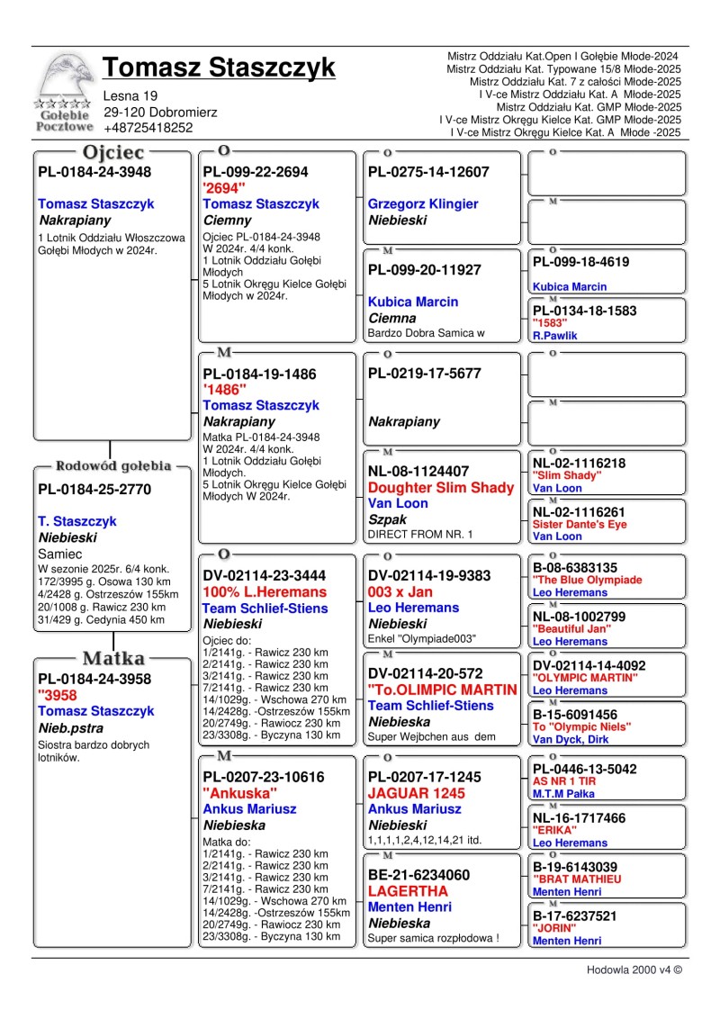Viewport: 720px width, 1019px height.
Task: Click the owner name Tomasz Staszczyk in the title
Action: coord(219,68)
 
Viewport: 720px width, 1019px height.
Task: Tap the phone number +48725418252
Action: coord(148,128)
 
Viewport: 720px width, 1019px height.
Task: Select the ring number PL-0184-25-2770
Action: coord(94,490)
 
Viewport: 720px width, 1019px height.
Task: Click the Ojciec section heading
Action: coord(112,152)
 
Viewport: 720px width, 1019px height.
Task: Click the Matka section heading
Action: coord(113,657)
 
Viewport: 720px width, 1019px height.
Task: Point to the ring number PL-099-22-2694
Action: coord(256,172)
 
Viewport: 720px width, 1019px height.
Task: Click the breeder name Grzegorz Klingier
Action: coord(423,204)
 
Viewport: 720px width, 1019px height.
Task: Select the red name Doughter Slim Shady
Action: coord(441,488)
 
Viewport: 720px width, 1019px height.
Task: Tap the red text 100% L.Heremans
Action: coord(265,592)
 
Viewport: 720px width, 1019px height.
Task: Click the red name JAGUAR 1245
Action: coord(417,793)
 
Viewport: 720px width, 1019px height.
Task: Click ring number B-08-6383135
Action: coord(575,568)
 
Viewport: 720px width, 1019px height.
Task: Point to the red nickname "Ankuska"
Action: coord(240,793)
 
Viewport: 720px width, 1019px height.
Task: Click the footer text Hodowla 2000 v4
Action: coord(634,971)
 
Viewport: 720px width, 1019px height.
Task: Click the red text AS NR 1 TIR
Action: coord(564,781)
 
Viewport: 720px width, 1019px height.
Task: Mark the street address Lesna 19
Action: coord(130,95)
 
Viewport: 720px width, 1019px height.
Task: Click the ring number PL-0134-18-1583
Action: coord(584,311)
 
